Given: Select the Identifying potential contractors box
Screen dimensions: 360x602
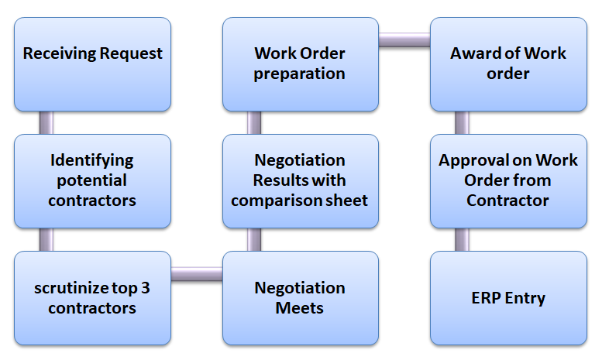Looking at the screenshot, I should point(93,181).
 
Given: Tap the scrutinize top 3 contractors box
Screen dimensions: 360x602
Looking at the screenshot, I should point(93,298).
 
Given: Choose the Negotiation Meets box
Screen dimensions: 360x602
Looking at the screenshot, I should point(301,298).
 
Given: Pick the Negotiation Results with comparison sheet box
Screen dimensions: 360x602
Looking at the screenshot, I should point(301,181).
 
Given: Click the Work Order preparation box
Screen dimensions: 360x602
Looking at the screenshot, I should point(301,64).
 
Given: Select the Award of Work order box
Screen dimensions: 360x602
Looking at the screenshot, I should point(508,64).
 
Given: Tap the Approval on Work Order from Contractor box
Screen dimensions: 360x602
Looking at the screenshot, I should point(508,181).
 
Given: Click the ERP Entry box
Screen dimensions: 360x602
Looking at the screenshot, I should point(508,298).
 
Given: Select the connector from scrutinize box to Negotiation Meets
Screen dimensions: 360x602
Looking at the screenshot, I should point(197,273).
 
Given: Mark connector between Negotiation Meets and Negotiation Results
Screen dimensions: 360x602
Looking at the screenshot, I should point(254,240).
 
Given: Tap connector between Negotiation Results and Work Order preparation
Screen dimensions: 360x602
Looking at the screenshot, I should point(254,123).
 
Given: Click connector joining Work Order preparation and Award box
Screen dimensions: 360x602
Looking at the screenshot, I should point(404,39).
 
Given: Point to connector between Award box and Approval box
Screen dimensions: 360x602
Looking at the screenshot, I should point(462,123).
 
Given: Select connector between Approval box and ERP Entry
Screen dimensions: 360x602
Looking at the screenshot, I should point(462,240).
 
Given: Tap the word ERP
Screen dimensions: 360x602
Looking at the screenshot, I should point(488,298).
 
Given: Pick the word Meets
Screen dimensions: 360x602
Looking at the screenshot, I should point(301,308).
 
